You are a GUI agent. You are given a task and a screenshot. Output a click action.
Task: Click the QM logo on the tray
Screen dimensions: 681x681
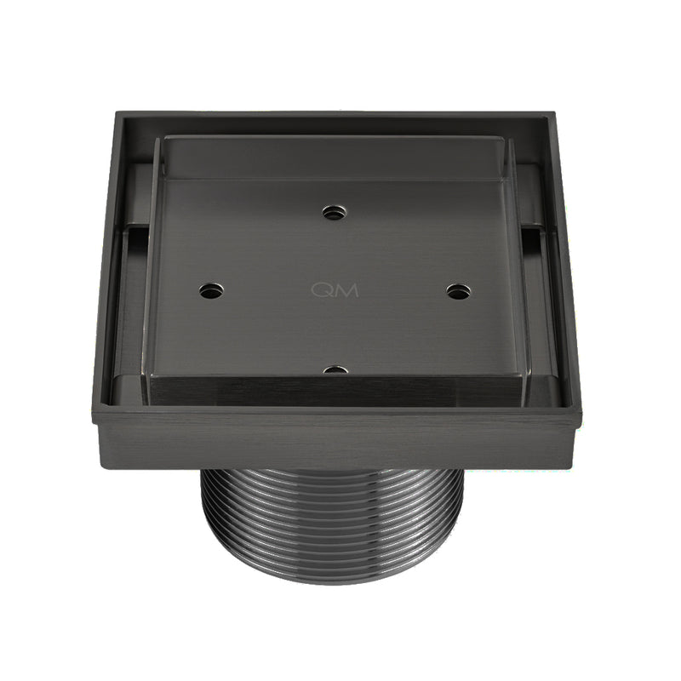tap(335, 290)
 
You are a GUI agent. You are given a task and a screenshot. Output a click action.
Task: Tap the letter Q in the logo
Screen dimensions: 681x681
tap(323, 290)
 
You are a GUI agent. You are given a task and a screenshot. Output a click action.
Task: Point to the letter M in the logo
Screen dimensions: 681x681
tap(346, 290)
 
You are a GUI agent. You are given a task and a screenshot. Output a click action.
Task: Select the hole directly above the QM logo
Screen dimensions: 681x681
tap(335, 213)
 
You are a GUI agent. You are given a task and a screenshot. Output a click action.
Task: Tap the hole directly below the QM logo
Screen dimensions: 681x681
tap(335, 370)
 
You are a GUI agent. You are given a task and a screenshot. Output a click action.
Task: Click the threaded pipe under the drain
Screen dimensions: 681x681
tap(332, 519)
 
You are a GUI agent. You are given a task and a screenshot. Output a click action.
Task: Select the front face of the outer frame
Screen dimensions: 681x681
tap(340, 438)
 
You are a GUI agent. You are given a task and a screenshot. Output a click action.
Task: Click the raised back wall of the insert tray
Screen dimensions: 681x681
tap(335, 157)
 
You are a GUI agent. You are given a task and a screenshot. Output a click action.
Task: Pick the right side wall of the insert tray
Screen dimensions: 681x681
tap(518, 272)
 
